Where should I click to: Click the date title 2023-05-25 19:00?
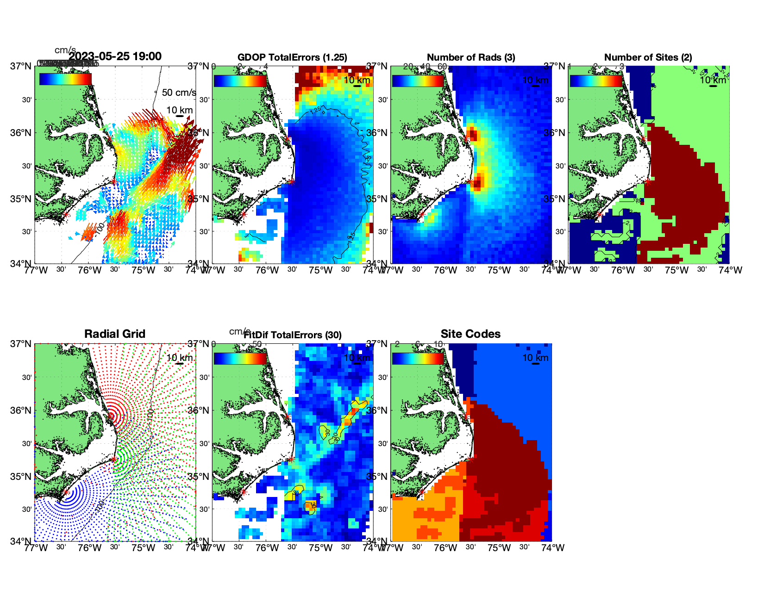115,56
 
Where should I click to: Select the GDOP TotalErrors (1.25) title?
292,57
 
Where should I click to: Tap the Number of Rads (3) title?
470,57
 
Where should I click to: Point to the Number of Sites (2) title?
648,57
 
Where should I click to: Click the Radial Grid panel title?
115,334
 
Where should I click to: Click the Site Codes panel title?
470,334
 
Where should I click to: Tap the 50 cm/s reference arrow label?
179,93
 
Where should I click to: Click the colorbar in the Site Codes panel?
418,359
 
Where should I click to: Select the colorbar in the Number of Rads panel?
418,81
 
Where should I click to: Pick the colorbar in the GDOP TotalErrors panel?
240,81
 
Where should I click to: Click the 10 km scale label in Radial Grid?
179,358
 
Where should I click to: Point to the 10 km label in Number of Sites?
713,80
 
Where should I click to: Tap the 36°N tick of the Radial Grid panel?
21,410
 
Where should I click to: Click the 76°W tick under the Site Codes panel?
445,548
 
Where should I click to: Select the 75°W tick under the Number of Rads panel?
499,270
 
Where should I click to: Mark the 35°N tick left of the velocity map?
21,199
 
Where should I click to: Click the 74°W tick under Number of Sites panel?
730,270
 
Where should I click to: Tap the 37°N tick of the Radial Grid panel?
21,344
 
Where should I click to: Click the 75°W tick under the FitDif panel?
321,548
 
